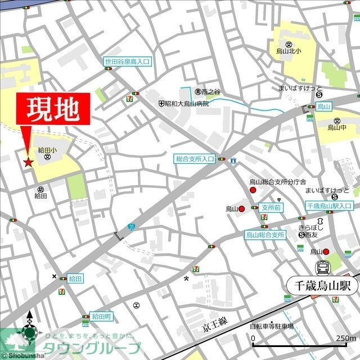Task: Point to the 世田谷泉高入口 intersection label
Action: pyautogui.click(x=127, y=61)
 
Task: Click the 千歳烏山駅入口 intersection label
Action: pyautogui.click(x=328, y=207)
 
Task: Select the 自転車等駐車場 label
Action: pyautogui.click(x=272, y=326)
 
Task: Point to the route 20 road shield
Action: pyautogui.click(x=131, y=226)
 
